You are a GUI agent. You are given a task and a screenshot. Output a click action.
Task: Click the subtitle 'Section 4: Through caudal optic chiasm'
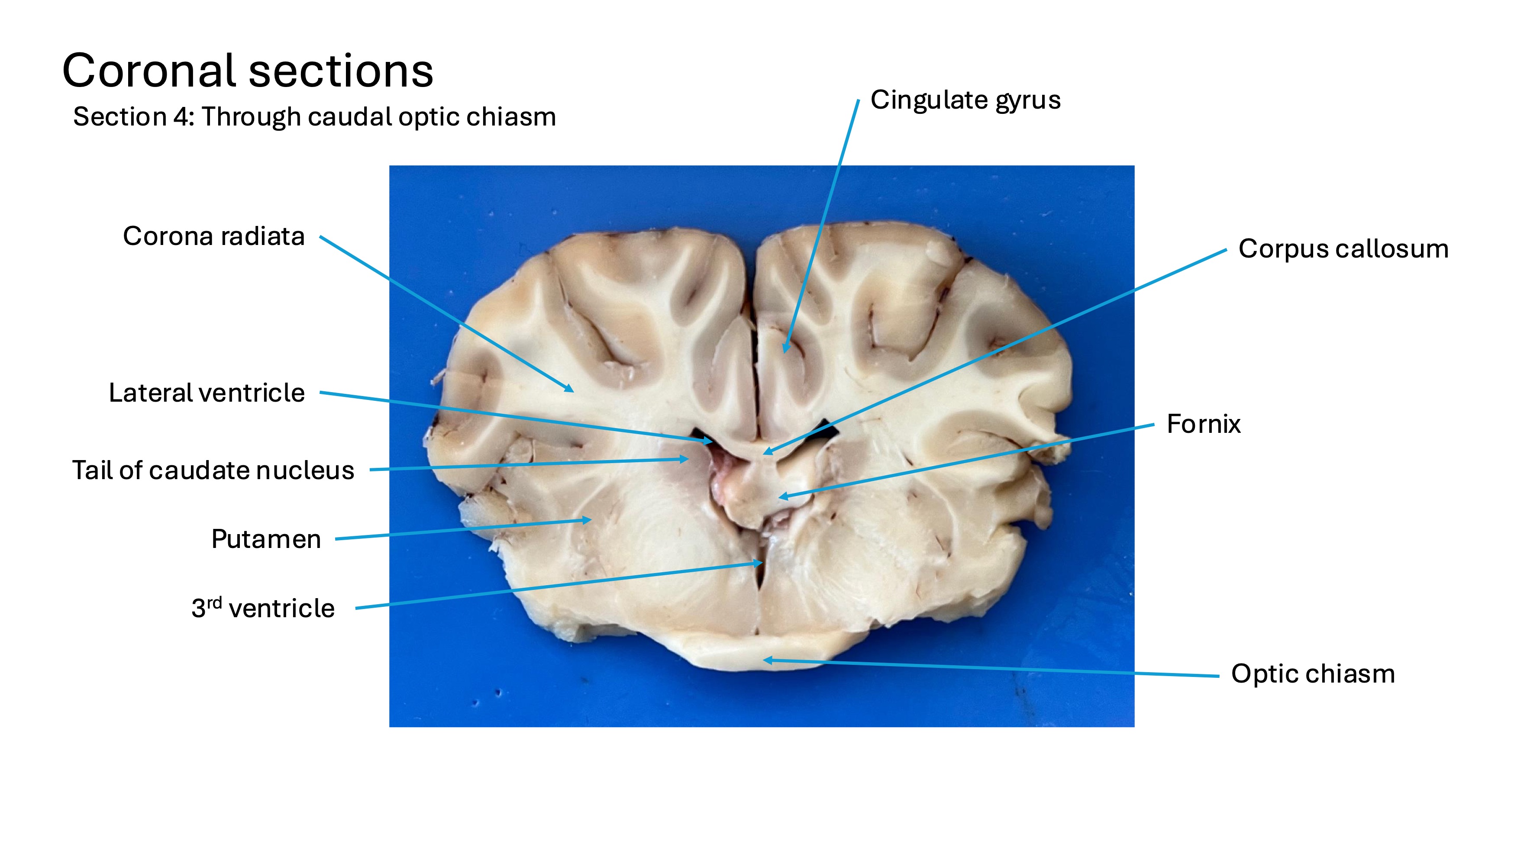(314, 117)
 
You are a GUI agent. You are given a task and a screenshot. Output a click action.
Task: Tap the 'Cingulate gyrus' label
(965, 100)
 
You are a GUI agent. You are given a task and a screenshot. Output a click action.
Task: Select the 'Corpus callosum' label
(1343, 249)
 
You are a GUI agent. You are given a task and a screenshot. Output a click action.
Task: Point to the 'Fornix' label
(1203, 424)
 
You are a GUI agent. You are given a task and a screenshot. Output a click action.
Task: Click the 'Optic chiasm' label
(1313, 673)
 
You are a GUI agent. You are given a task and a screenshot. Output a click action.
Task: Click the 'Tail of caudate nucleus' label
(213, 471)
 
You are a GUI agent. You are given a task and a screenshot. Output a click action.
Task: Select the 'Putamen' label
(266, 539)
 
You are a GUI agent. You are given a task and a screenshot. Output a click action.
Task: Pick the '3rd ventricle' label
(263, 609)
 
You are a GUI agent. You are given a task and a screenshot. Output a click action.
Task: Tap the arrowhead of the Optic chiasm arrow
(764, 660)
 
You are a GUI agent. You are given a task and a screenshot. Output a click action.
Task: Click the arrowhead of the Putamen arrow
(591, 520)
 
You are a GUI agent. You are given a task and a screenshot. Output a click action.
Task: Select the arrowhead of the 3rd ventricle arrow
(762, 563)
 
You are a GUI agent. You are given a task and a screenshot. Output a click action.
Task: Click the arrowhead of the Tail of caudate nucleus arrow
(688, 458)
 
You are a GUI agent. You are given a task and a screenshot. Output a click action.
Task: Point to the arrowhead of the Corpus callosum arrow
(764, 454)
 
